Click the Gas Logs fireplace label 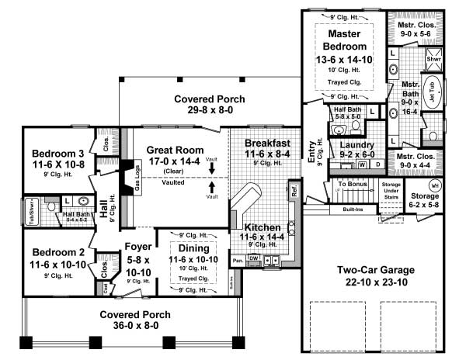coord(138,178)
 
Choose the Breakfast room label coord(267,144)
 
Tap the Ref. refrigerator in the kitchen coord(294,189)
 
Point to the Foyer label coord(137,247)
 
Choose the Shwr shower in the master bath coord(433,59)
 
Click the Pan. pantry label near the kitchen coord(237,259)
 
